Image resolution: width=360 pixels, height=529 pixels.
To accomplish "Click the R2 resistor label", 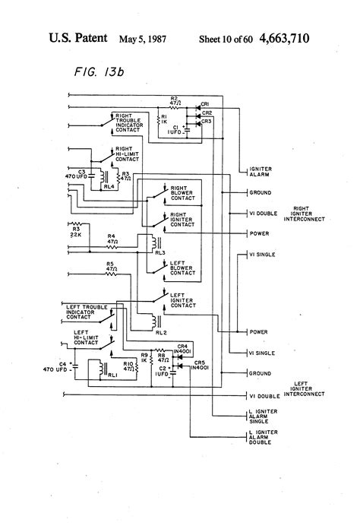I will [174, 99].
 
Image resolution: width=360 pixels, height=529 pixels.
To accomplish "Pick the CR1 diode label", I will [207, 104].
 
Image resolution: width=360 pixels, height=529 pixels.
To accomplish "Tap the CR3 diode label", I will [207, 121].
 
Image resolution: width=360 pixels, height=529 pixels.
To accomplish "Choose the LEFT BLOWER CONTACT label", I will [183, 267].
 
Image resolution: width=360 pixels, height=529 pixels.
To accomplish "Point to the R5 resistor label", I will [111, 265].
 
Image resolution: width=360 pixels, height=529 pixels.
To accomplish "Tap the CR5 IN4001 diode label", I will [201, 366].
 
